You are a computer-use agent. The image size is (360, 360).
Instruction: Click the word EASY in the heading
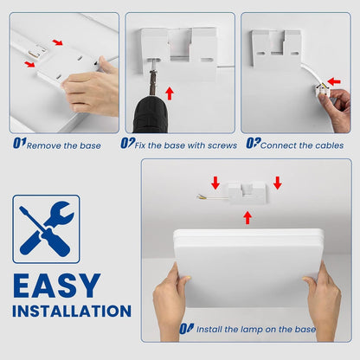point(56,286)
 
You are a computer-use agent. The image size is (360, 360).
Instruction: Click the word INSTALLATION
point(71,311)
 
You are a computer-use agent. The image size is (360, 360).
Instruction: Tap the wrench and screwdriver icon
point(46,229)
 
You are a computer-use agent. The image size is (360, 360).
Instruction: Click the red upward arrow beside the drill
point(170,92)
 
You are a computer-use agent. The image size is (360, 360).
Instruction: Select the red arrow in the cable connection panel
point(334,82)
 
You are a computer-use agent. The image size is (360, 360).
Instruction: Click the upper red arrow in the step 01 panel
point(57,42)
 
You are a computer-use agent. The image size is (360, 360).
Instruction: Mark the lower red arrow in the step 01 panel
point(30,63)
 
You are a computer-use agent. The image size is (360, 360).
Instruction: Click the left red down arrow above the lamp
point(215,183)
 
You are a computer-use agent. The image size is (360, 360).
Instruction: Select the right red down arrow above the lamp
point(277,183)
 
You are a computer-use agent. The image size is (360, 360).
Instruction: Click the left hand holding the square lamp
point(171,303)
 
